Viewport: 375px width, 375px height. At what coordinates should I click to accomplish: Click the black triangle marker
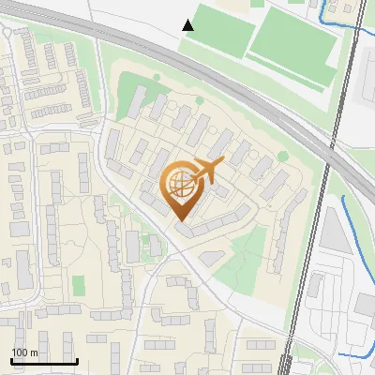[x=189, y=25]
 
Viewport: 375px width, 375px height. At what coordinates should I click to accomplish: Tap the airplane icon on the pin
[x=207, y=171]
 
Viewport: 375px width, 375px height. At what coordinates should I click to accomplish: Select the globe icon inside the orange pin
[x=182, y=187]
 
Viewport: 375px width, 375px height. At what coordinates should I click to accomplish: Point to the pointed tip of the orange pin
[x=182, y=221]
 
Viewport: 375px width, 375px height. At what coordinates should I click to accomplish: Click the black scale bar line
[x=43, y=362]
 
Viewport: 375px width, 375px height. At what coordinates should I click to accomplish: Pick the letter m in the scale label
[x=35, y=352]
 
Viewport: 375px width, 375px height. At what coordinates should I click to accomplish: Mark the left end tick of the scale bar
[x=11, y=360]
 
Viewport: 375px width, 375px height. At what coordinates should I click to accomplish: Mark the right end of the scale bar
[x=76, y=361]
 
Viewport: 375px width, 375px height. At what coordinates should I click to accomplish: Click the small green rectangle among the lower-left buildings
[x=79, y=284]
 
